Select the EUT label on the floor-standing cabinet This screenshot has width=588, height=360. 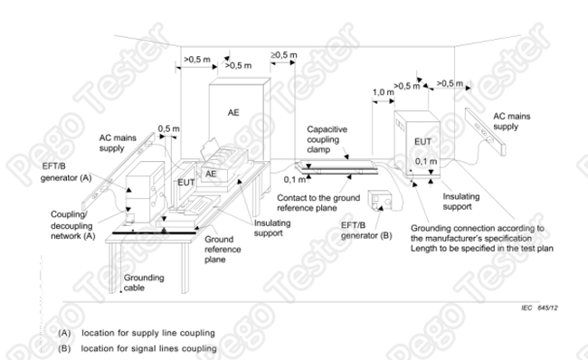tap(422, 142)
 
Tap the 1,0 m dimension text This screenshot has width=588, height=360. tap(384, 92)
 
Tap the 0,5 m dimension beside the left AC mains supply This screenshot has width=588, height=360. tap(168, 128)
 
